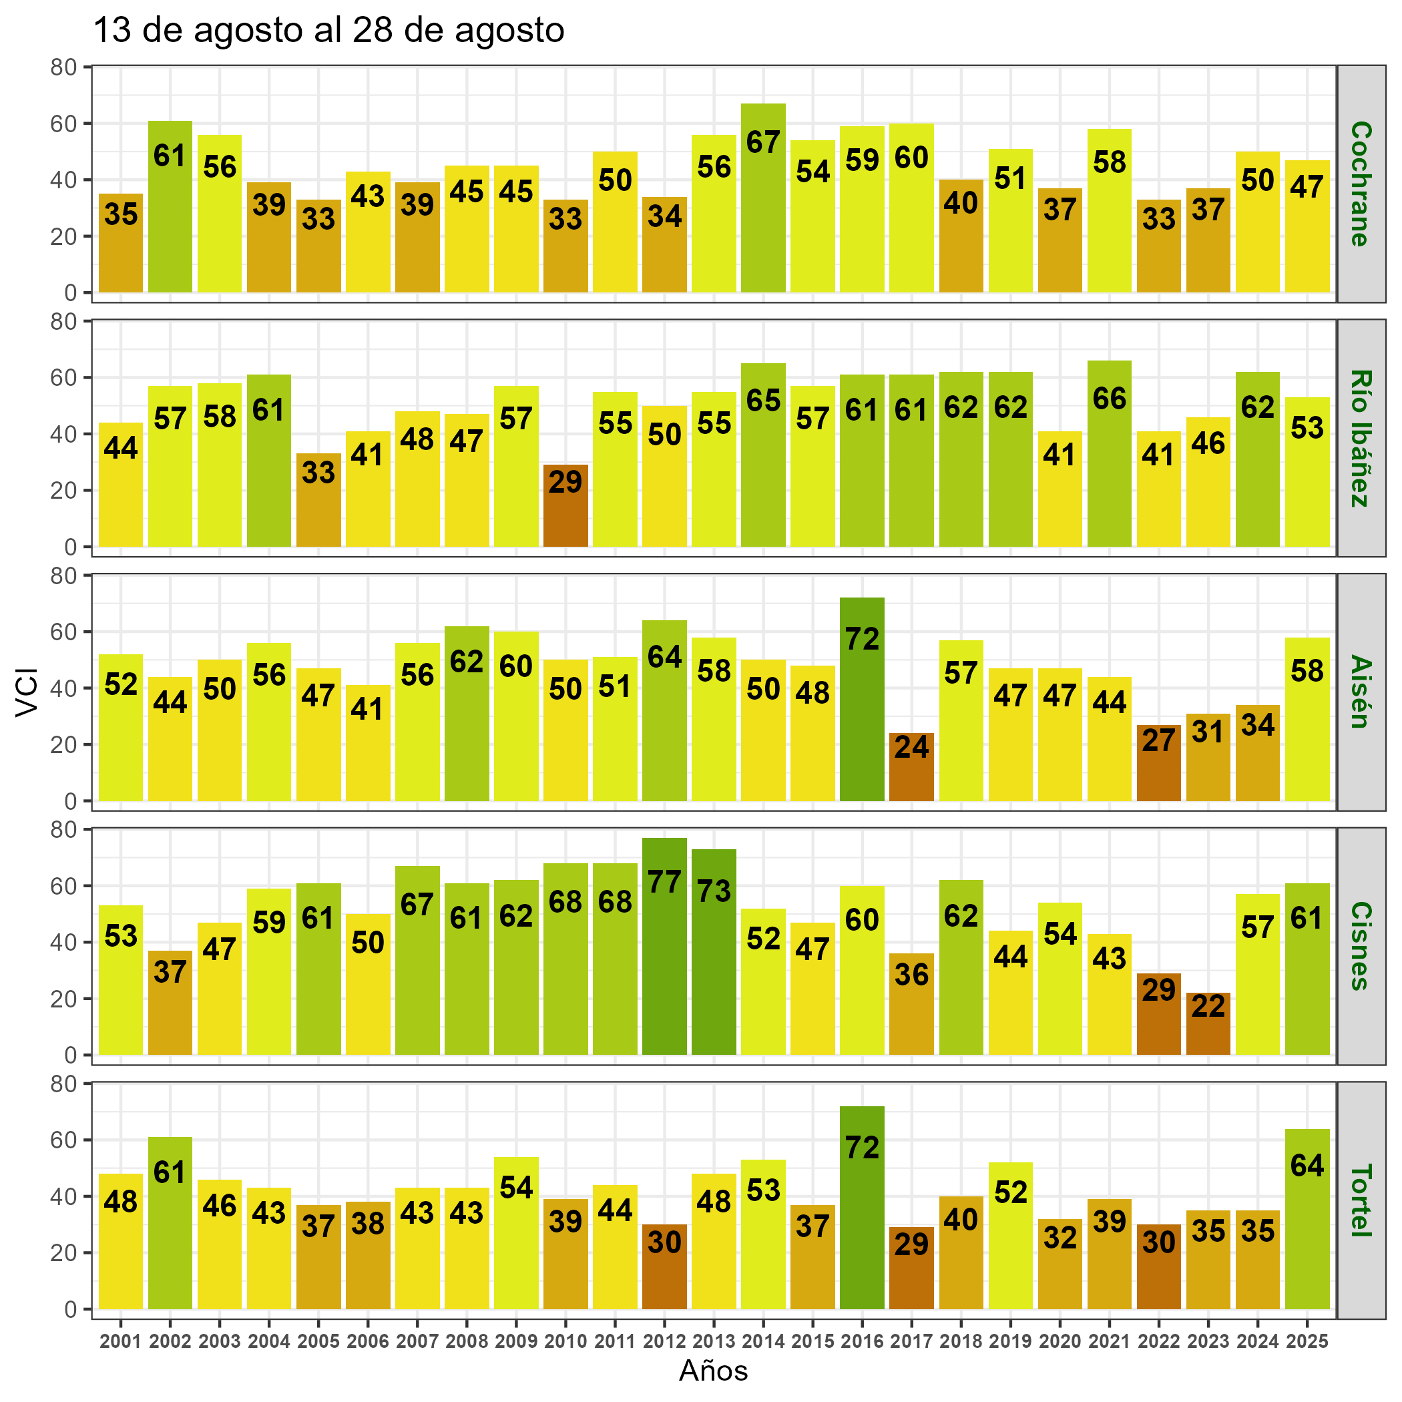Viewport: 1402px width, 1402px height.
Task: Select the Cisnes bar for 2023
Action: (1208, 1023)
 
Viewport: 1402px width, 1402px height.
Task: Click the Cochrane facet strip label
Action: (1361, 184)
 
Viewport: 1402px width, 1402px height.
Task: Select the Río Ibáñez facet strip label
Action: (1361, 439)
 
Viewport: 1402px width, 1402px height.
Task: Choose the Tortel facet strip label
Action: (1361, 1200)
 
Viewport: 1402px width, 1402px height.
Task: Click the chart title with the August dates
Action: (328, 31)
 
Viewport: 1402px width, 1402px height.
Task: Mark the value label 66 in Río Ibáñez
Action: (1109, 399)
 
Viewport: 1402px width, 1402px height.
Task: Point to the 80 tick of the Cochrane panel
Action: (63, 67)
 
